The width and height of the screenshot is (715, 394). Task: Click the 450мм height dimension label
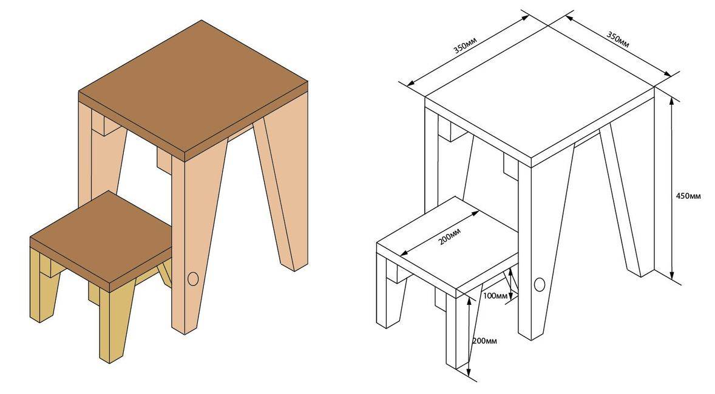[688, 196]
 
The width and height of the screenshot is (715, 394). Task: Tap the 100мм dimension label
[495, 296]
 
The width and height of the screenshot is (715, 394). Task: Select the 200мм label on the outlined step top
[450, 236]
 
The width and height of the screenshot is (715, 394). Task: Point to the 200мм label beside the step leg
[484, 341]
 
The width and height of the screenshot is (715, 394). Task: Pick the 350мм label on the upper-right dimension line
[618, 39]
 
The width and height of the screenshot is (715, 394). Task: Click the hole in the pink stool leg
[193, 279]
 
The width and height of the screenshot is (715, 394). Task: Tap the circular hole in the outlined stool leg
[540, 284]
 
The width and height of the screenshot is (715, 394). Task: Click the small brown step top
[101, 241]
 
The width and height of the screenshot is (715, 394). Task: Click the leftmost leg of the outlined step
[391, 292]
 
